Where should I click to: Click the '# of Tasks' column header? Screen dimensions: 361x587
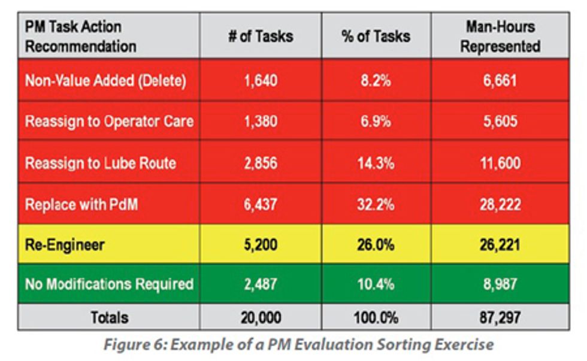261,36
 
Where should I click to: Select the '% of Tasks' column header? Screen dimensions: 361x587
376,36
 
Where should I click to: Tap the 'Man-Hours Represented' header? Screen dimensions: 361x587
500,36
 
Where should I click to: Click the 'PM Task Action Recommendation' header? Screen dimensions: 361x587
81,36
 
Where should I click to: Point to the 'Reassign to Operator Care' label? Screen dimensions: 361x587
109,121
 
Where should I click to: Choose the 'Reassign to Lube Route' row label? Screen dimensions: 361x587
101,162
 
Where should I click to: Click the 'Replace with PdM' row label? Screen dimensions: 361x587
81,204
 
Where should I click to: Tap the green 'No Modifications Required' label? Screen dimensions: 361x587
109,283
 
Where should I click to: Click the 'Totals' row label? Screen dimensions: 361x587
109,318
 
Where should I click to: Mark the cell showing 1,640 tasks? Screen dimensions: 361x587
261,80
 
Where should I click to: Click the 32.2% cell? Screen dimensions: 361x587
376,204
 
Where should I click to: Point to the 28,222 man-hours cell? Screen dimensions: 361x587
500,204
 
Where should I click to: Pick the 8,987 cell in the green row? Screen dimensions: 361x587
500,283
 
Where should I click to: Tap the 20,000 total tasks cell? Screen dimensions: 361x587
261,318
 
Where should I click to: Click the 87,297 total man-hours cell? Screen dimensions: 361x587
500,318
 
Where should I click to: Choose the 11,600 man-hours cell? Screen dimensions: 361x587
500,162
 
